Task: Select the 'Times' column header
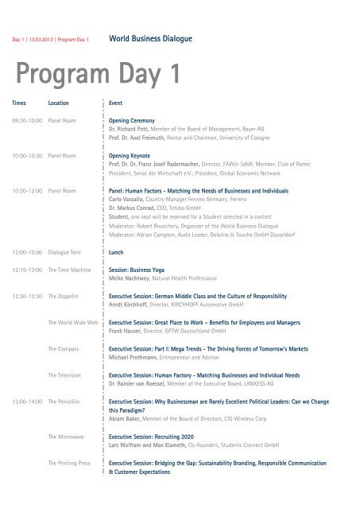(18, 104)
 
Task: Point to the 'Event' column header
(116, 104)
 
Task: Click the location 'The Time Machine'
(69, 270)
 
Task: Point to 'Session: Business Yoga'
(143, 270)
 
